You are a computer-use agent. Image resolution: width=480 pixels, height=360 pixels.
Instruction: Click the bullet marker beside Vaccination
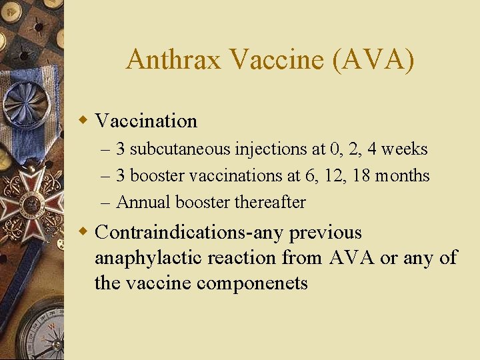click(83, 121)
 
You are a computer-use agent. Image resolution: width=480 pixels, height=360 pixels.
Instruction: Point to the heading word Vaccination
click(146, 121)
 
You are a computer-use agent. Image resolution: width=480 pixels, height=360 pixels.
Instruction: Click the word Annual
click(141, 202)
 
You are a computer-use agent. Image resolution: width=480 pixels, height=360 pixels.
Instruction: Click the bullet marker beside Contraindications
click(83, 233)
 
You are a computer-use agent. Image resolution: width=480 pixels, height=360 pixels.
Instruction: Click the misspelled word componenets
click(252, 283)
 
